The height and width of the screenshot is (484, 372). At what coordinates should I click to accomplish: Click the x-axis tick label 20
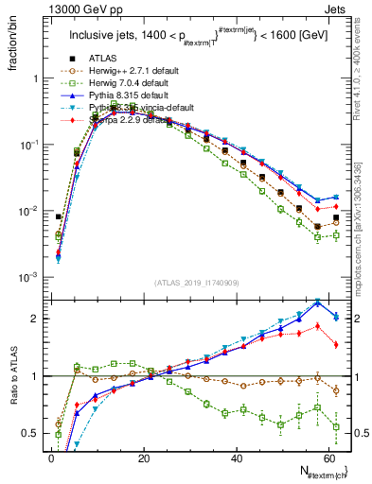click(x=143, y=458)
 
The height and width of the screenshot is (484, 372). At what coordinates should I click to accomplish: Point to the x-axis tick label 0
click(x=51, y=458)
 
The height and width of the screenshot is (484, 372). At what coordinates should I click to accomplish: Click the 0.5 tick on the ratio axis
click(x=34, y=433)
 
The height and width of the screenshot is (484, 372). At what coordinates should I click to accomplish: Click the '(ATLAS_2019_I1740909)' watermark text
click(x=196, y=284)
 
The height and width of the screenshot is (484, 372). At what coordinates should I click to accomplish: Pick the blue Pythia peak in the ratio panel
click(x=318, y=302)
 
